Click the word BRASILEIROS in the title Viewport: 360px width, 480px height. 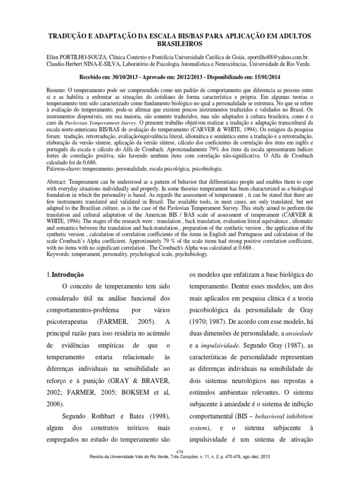tap(180, 44)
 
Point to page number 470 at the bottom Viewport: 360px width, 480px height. tap(180, 450)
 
